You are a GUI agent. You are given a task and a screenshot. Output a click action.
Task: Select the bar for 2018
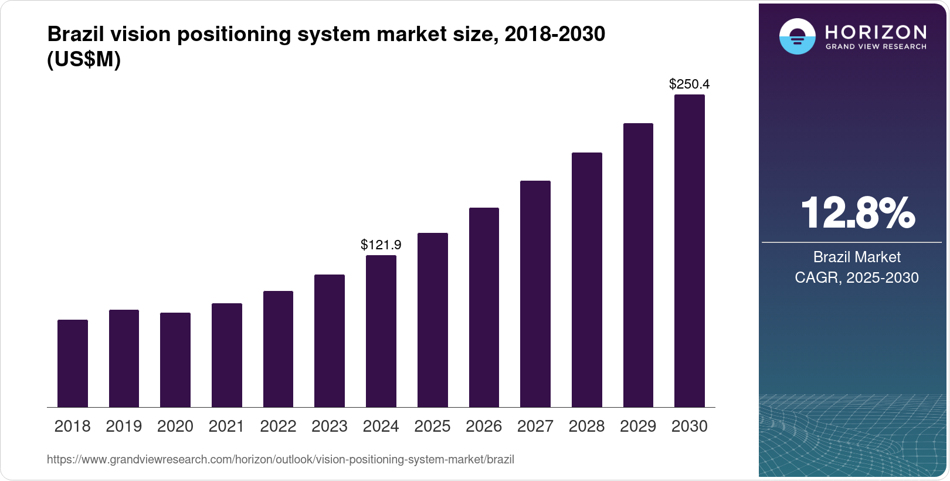[x=73, y=364]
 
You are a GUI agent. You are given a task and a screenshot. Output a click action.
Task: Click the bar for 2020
[x=175, y=360]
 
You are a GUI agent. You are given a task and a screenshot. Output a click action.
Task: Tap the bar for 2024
[x=381, y=331]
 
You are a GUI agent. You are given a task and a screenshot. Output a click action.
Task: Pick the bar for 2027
[x=535, y=294]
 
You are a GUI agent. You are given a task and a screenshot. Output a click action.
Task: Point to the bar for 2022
[x=278, y=349]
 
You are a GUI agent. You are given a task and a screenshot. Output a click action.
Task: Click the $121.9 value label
[x=381, y=245]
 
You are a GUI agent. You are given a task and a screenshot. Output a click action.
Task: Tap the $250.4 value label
[x=690, y=84]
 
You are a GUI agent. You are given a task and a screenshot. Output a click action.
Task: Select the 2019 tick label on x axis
[x=124, y=426]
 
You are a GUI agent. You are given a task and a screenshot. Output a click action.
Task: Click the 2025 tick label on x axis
[x=432, y=426]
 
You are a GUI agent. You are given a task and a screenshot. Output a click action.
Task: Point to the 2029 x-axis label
[x=638, y=426]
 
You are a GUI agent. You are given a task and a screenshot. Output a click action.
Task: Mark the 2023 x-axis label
[x=330, y=426]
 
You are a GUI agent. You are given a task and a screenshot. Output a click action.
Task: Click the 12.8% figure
[x=857, y=213]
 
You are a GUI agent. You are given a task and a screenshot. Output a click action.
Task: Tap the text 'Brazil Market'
[x=857, y=257]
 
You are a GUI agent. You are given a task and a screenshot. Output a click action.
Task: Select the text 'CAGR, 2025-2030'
[x=857, y=277]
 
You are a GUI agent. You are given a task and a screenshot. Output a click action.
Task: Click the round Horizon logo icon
[x=797, y=37]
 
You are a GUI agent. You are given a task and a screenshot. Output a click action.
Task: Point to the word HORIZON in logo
[x=876, y=32]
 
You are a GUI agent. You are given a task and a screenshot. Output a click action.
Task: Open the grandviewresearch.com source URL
[x=280, y=460]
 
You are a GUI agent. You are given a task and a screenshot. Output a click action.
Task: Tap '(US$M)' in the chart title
[x=84, y=60]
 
